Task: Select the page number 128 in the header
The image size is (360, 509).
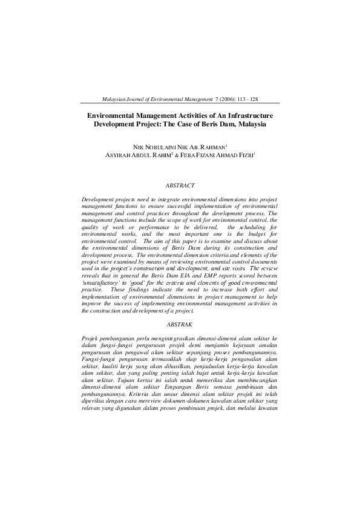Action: coord(254,98)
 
